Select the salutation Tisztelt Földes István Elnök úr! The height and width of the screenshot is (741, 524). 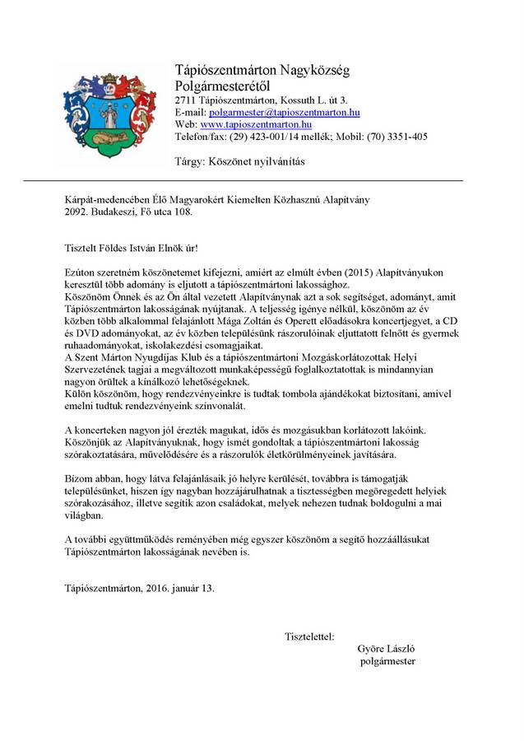pyautogui.click(x=132, y=248)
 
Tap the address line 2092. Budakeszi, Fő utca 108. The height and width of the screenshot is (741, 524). pyautogui.click(x=129, y=212)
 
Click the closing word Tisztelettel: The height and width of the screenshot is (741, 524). pyautogui.click(x=309, y=636)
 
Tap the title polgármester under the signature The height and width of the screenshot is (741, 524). pyautogui.click(x=388, y=661)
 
